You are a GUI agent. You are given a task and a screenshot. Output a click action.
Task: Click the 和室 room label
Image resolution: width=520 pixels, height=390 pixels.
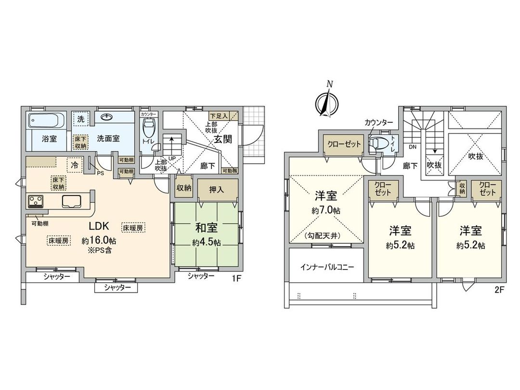[207, 227]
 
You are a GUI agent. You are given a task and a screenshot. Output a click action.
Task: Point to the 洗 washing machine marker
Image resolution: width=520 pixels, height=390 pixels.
[80, 119]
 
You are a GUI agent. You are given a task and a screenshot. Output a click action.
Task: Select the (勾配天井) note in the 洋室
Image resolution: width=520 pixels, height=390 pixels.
[326, 236]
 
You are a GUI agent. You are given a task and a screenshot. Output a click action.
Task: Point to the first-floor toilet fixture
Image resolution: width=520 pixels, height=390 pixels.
[149, 130]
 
